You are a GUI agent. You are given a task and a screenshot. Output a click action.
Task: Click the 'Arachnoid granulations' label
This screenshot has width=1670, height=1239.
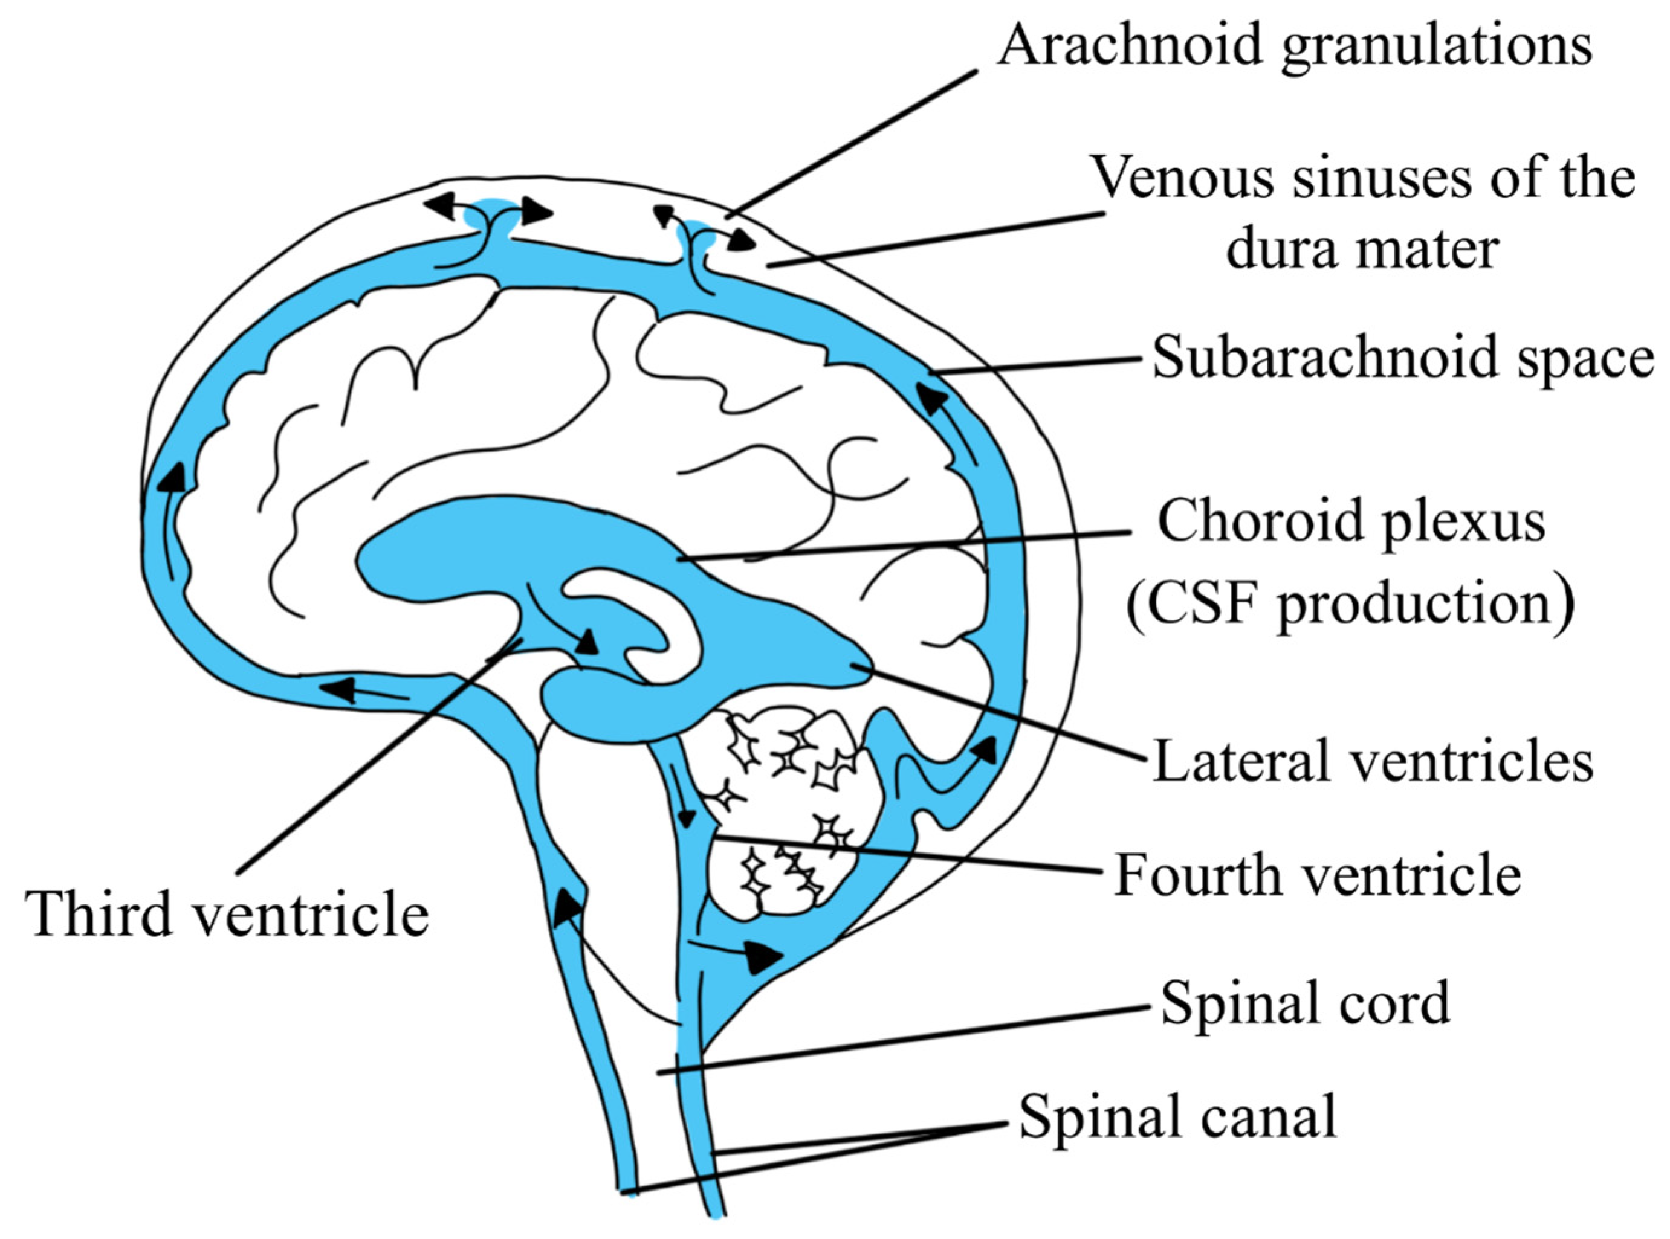pos(1293,45)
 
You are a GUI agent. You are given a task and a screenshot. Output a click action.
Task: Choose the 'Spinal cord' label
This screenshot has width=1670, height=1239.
pos(1306,1003)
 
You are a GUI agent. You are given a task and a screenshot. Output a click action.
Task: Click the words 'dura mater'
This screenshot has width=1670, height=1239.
pos(1362,249)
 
